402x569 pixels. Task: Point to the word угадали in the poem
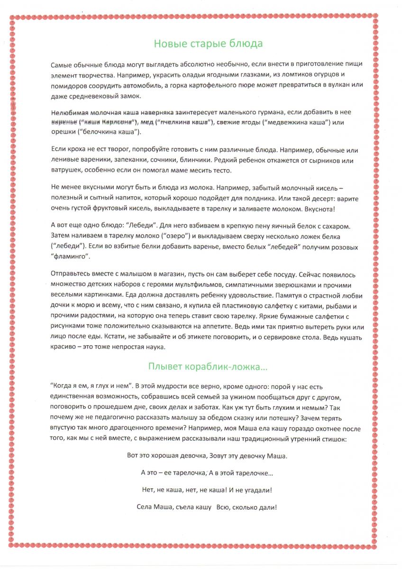(x=256, y=490)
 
